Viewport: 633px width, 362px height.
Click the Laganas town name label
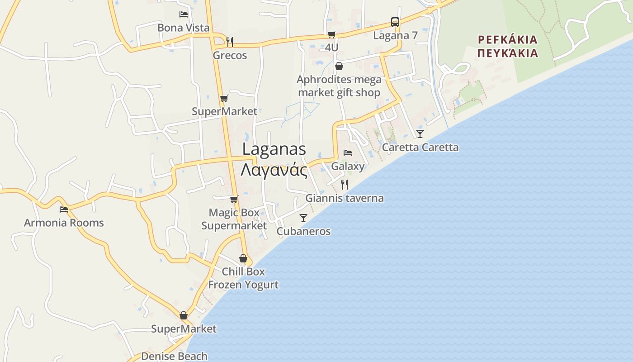(274, 149)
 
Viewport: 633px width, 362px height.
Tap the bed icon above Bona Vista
(184, 14)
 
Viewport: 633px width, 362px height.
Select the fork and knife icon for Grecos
(230, 42)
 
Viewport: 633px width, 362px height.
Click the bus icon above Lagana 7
(395, 22)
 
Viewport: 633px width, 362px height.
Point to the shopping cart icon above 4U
(332, 34)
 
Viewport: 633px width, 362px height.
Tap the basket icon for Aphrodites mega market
(339, 67)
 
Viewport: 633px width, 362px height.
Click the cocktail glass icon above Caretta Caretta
(420, 133)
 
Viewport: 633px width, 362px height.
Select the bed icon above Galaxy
(348, 153)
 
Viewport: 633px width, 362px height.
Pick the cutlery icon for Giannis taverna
(345, 184)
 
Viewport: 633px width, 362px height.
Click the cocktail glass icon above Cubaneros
(303, 218)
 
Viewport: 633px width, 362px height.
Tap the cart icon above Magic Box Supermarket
(234, 199)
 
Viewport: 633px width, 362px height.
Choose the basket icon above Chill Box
(243, 258)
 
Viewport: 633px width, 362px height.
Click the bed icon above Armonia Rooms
(64, 209)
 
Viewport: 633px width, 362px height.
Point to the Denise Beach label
(174, 356)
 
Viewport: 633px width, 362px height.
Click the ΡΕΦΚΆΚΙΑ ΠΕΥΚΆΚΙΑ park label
(508, 47)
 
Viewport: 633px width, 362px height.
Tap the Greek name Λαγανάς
(274, 171)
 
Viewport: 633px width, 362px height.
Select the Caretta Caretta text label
(420, 148)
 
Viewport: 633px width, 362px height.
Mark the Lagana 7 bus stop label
(395, 36)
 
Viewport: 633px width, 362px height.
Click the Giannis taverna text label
(345, 198)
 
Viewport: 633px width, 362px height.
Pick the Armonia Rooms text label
(64, 223)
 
